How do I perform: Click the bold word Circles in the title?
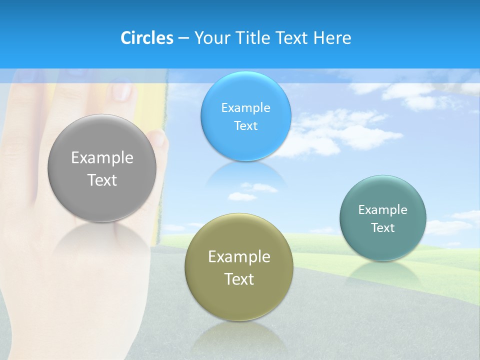click(147, 38)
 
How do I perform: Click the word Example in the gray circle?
click(102, 158)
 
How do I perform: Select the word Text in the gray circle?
click(102, 180)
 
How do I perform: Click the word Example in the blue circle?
click(245, 108)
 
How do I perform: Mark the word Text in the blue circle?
click(245, 126)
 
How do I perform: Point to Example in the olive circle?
click(239, 257)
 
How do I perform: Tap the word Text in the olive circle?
click(239, 279)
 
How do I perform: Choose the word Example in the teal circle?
click(383, 210)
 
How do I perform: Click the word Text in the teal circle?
click(383, 228)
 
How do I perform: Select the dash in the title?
click(183, 38)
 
